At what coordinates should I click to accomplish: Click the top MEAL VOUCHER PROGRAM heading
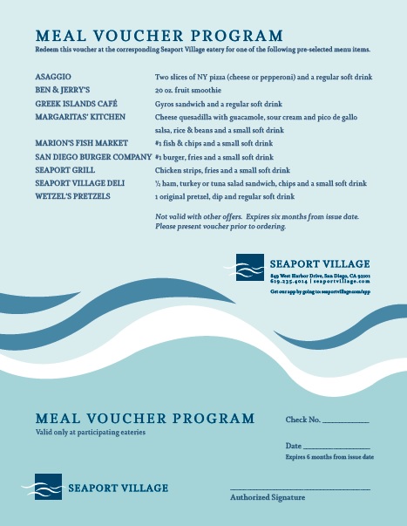(159, 36)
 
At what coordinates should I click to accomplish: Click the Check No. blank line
(346, 422)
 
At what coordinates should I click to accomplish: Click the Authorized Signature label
(268, 497)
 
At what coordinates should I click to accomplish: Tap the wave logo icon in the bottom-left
(47, 487)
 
